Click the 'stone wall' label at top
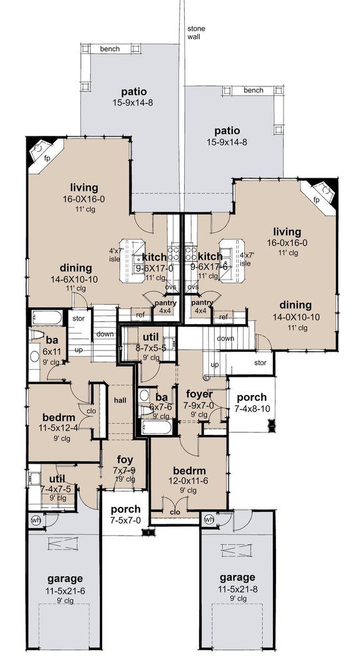pyautogui.click(x=197, y=33)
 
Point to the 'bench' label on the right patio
pyautogui.click(x=254, y=90)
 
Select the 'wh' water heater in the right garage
pyautogui.click(x=208, y=519)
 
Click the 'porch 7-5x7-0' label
pyautogui.click(x=126, y=514)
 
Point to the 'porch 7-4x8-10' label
pyautogui.click(x=250, y=402)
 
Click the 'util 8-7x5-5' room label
pyautogui.click(x=151, y=344)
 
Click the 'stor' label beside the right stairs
pyautogui.click(x=260, y=362)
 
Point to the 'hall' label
pyautogui.click(x=120, y=401)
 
